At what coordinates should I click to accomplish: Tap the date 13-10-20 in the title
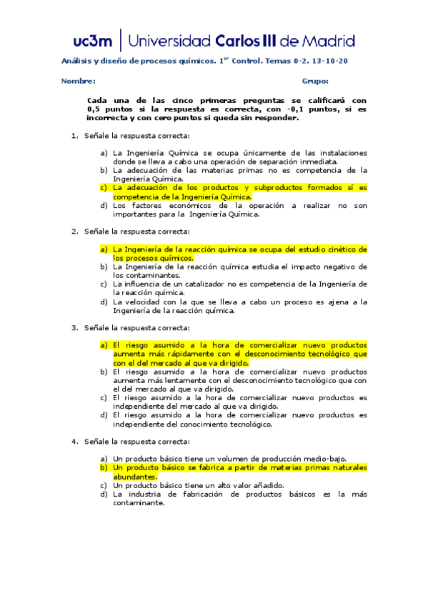pos(332,61)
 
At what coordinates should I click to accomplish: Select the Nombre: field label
pos(79,81)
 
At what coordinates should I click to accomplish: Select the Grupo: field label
pos(315,81)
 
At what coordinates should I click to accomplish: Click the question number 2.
pos(74,232)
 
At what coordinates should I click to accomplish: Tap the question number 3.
pos(74,327)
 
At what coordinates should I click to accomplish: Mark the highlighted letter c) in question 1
pos(104,187)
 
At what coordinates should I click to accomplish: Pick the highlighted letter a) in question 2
pos(104,249)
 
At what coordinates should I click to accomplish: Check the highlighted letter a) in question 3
pos(104,344)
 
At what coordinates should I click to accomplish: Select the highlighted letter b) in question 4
pos(104,467)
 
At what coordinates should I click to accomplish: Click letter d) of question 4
pos(104,494)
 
